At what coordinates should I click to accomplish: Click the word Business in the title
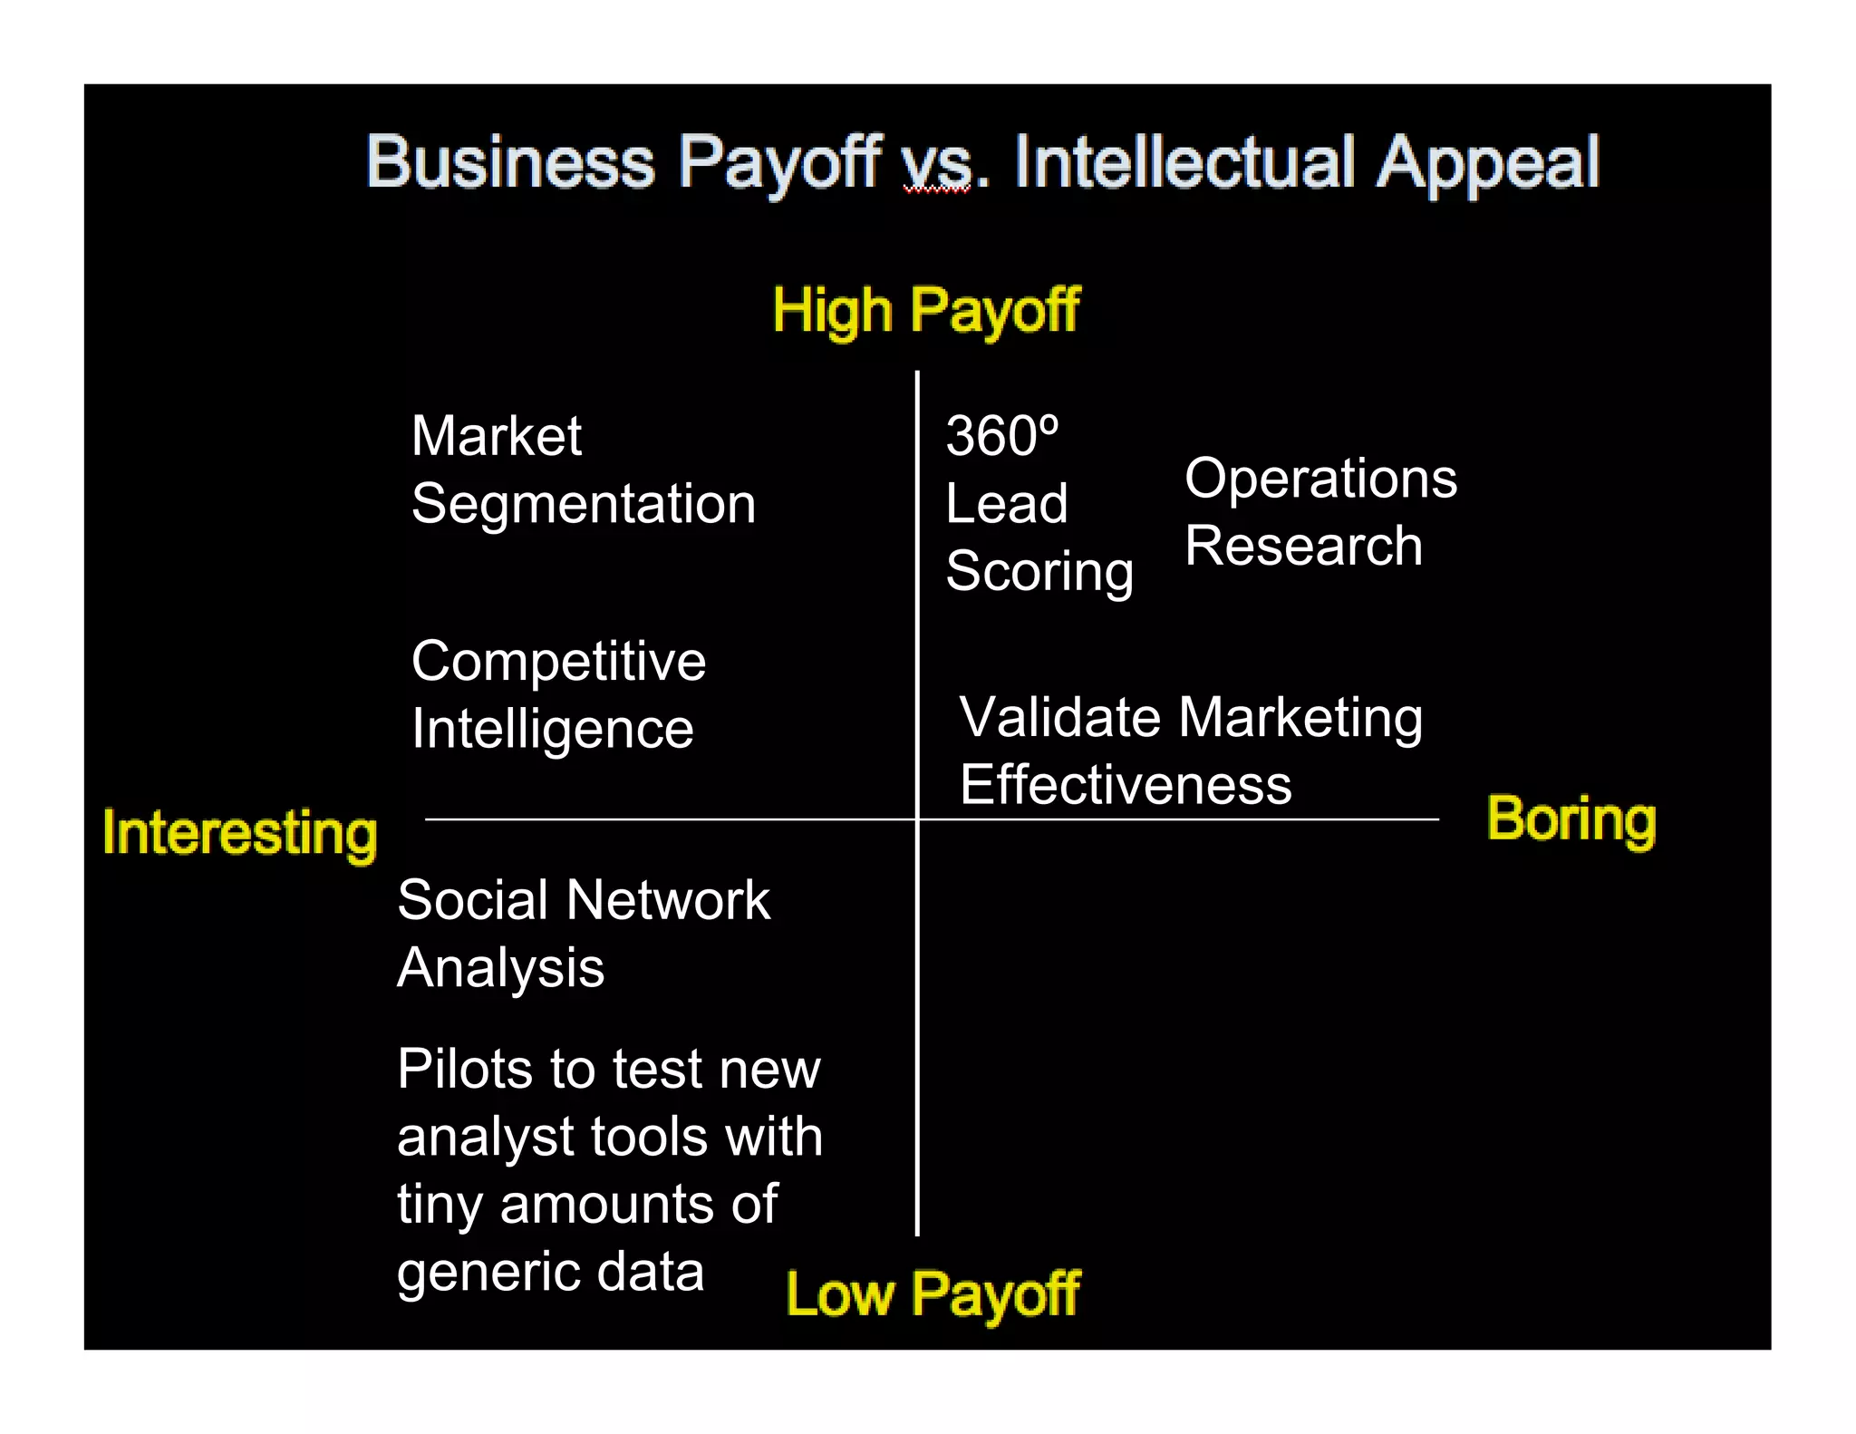click(x=509, y=162)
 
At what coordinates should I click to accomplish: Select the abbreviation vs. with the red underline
click(x=939, y=166)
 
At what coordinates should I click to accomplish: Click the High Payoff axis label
click(x=926, y=311)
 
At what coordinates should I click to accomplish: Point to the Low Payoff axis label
click(x=933, y=1294)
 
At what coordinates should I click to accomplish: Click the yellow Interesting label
click(x=240, y=833)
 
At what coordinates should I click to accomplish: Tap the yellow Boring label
click(x=1571, y=819)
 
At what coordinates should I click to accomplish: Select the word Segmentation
click(x=584, y=504)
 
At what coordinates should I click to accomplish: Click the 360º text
click(x=1002, y=436)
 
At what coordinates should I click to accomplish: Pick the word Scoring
click(x=1039, y=572)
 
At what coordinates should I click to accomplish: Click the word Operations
click(x=1320, y=478)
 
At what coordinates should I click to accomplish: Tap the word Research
click(x=1303, y=546)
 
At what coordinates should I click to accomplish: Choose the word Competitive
click(x=558, y=662)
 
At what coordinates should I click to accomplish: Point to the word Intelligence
click(x=552, y=729)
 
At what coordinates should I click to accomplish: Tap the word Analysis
click(x=500, y=968)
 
